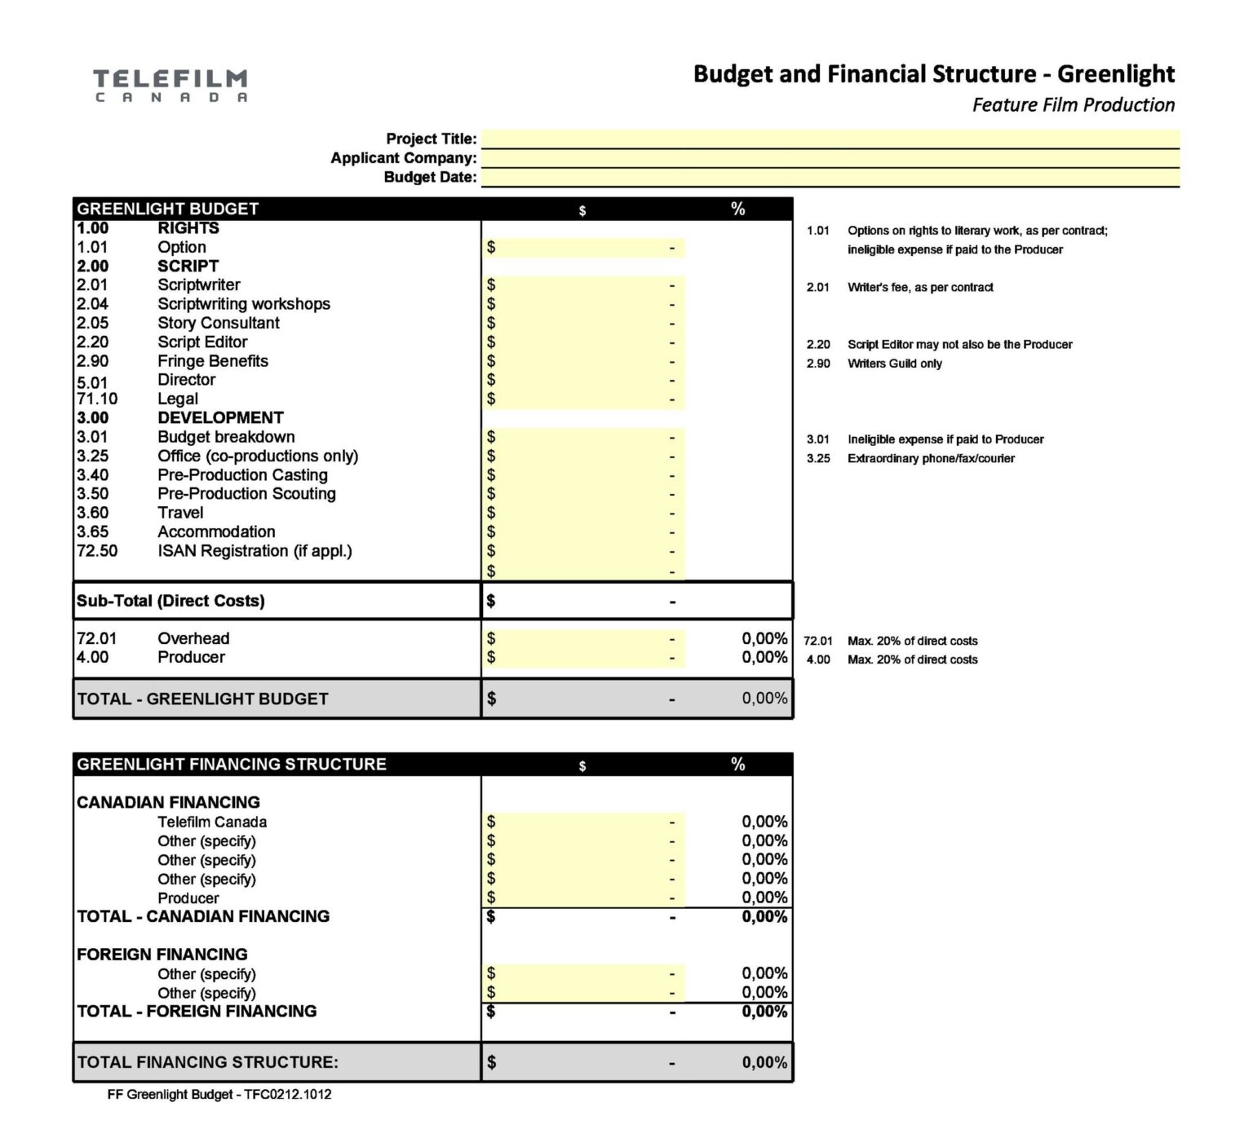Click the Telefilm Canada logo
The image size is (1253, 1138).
click(x=170, y=86)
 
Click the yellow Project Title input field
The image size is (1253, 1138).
click(x=830, y=139)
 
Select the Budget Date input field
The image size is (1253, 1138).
click(x=830, y=178)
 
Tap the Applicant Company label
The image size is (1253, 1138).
click(x=403, y=158)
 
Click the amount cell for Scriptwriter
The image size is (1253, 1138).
click(x=583, y=285)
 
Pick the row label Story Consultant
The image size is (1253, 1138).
click(x=218, y=323)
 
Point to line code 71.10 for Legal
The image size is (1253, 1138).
click(x=97, y=399)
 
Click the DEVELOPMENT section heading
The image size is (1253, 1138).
click(x=220, y=418)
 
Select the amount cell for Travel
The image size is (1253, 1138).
click(x=583, y=513)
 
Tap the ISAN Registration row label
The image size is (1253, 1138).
click(x=255, y=551)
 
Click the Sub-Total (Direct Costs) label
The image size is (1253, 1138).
click(x=170, y=601)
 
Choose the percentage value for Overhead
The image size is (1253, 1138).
click(x=764, y=638)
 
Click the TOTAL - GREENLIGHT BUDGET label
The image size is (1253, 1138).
click(x=202, y=699)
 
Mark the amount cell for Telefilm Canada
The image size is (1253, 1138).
click(x=583, y=822)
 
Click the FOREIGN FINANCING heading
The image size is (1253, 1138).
click(x=162, y=955)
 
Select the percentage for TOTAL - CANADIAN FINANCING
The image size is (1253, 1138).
click(x=764, y=917)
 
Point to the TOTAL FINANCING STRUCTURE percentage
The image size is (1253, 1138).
click(x=764, y=1062)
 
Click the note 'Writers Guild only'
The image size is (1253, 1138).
click(x=894, y=364)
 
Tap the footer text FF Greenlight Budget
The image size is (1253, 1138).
click(x=219, y=1095)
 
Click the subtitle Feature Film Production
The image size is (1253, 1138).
click(x=1073, y=105)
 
